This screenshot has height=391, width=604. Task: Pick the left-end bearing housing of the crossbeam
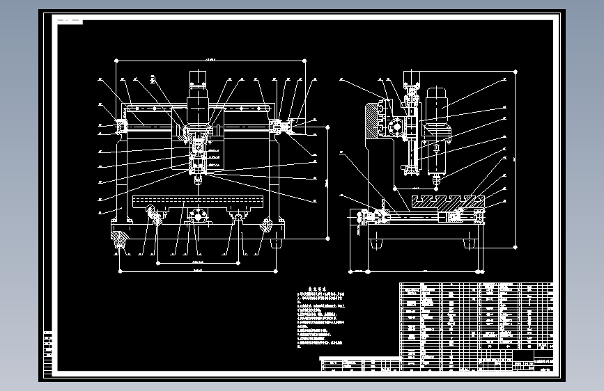tap(121, 126)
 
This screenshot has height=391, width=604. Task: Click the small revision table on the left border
tap(47, 352)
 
